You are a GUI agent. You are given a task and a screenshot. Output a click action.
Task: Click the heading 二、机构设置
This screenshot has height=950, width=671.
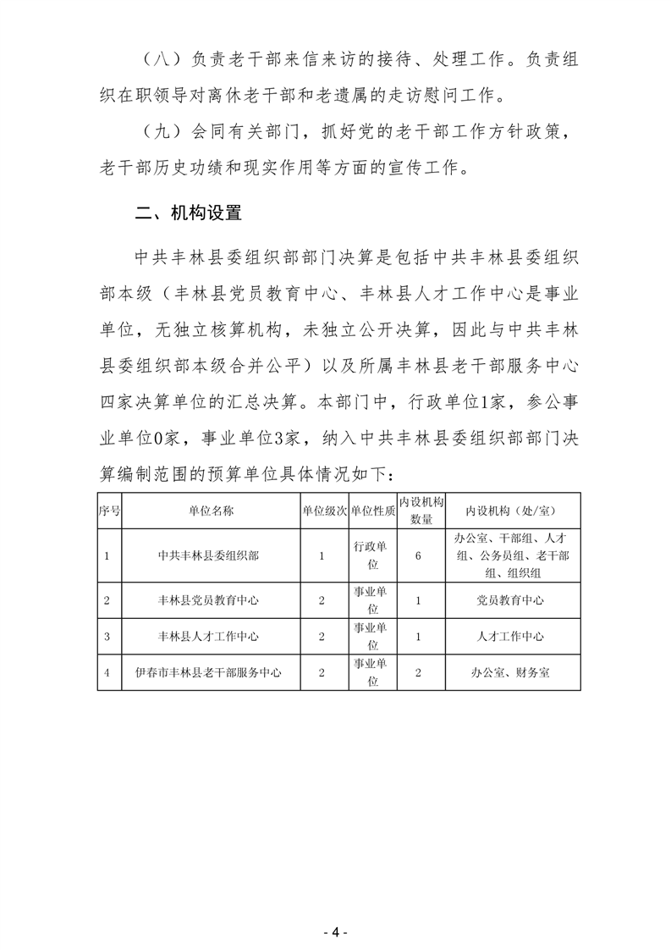(189, 214)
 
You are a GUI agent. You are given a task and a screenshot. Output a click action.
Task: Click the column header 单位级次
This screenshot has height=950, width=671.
(324, 511)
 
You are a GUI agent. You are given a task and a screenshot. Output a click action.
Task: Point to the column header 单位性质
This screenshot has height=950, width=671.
(372, 511)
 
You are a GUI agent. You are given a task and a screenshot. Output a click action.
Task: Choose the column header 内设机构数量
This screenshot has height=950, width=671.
(421, 511)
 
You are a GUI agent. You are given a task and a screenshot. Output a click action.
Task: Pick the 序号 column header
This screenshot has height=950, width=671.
(109, 511)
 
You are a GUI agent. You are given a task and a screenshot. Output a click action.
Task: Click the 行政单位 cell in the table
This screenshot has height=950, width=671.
(372, 555)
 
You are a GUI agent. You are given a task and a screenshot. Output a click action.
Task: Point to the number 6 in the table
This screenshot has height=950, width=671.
(421, 555)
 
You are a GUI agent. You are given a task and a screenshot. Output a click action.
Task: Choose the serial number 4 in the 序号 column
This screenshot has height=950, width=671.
(107, 673)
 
